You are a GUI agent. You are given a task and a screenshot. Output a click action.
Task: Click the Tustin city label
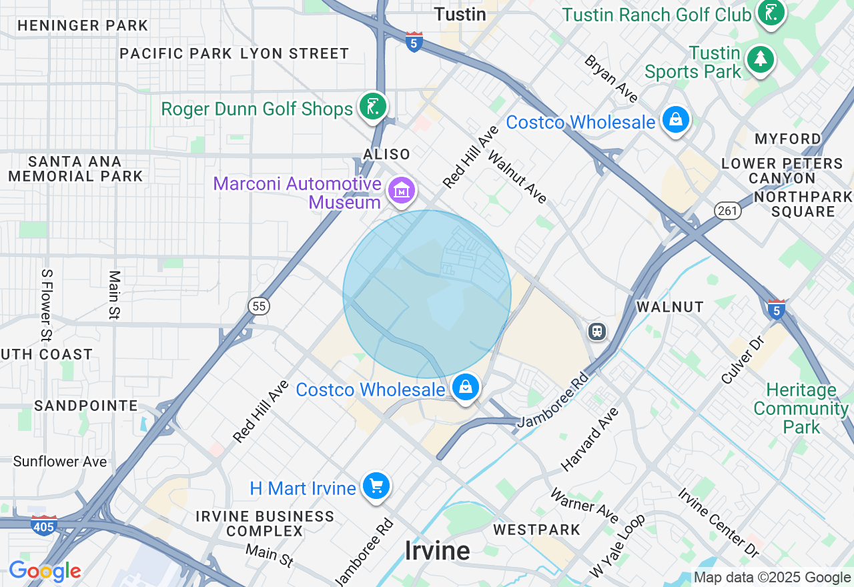(x=460, y=13)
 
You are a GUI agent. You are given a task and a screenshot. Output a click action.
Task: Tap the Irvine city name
(x=437, y=551)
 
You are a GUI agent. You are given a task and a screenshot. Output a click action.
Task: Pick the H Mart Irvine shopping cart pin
(x=376, y=487)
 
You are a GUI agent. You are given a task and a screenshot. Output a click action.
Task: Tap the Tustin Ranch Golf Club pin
(x=771, y=13)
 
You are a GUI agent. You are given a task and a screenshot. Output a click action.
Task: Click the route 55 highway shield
(x=259, y=306)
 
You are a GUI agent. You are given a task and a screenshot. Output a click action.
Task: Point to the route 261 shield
(x=727, y=211)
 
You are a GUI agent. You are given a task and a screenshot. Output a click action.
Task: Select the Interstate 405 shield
(x=44, y=525)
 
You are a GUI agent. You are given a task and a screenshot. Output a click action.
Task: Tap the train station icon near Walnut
(x=597, y=331)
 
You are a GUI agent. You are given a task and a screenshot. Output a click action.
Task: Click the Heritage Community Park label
(x=801, y=408)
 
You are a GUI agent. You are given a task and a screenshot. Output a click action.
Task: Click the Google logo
(x=45, y=571)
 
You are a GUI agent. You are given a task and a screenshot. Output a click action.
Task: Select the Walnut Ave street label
(x=518, y=176)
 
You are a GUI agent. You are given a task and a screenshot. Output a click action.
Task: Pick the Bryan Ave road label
(x=612, y=79)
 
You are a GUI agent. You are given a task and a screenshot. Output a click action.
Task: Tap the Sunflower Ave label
(x=60, y=462)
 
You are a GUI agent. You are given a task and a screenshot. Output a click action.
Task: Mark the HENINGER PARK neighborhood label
(x=83, y=26)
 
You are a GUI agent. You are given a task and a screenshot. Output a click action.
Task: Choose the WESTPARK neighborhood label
(x=537, y=530)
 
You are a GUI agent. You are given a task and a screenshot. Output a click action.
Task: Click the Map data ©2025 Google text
(x=772, y=578)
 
